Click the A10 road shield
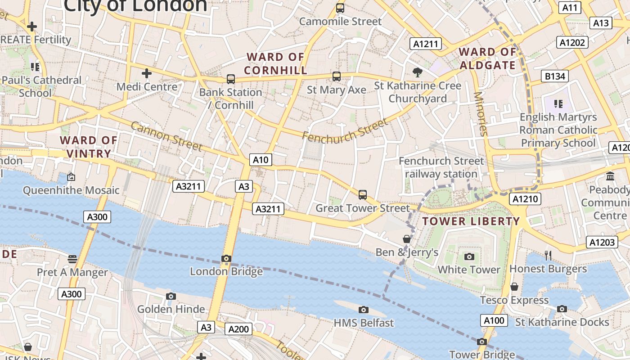[261, 160]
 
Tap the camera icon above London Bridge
[226, 259]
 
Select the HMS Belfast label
[364, 323]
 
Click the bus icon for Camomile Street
[340, 8]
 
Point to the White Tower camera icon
[469, 256]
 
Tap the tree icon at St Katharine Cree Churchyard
[418, 72]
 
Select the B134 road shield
[555, 76]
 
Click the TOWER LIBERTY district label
[471, 221]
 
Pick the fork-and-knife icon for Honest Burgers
[548, 256]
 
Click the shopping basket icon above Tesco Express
[514, 287]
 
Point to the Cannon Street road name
[166, 136]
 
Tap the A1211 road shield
[425, 44]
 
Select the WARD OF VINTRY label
[89, 147]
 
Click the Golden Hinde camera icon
[171, 296]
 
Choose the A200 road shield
[238, 329]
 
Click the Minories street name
[481, 114]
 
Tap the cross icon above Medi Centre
[147, 73]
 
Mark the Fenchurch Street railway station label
[441, 167]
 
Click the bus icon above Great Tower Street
[363, 195]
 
